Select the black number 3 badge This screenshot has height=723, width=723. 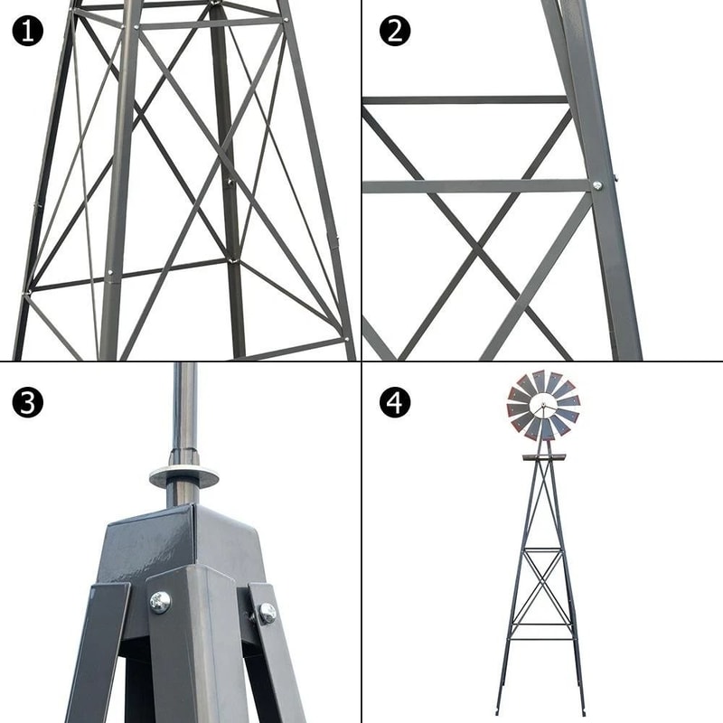click(28, 402)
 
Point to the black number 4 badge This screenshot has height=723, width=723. click(394, 402)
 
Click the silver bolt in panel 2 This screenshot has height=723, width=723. click(596, 185)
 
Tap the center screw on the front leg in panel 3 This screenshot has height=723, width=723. click(160, 601)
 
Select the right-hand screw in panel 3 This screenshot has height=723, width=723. click(267, 613)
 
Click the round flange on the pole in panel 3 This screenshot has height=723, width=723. click(184, 475)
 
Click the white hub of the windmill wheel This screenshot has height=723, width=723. click(542, 407)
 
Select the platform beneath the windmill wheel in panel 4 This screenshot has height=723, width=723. click(543, 456)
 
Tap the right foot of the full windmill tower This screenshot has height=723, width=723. click(581, 710)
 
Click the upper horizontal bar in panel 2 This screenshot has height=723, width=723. click(465, 99)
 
